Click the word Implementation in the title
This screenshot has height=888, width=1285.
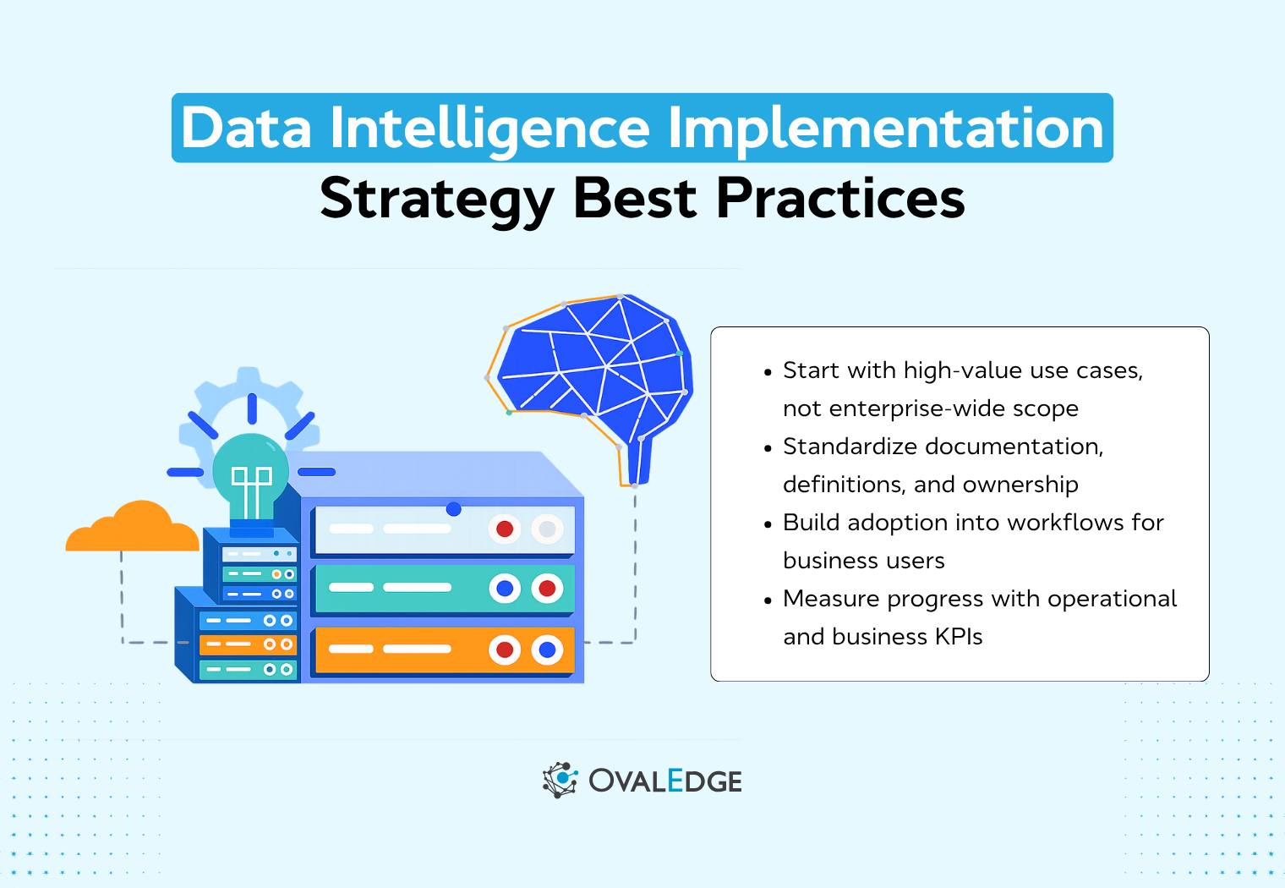tap(885, 129)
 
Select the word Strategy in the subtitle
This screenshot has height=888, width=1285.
tap(436, 199)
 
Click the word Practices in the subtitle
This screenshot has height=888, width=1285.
tap(840, 199)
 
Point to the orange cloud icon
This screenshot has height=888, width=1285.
tap(134, 529)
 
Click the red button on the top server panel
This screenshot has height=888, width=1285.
tap(505, 529)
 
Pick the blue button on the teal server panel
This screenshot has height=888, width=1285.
tap(505, 588)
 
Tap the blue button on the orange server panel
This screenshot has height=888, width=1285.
tap(547, 650)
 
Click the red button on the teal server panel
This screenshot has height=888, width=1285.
tap(547, 588)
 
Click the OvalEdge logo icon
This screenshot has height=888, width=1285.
tap(560, 780)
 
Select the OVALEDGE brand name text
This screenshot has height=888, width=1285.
tap(665, 781)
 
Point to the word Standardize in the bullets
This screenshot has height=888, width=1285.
tap(850, 447)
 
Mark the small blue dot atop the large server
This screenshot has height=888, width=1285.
tap(454, 509)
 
